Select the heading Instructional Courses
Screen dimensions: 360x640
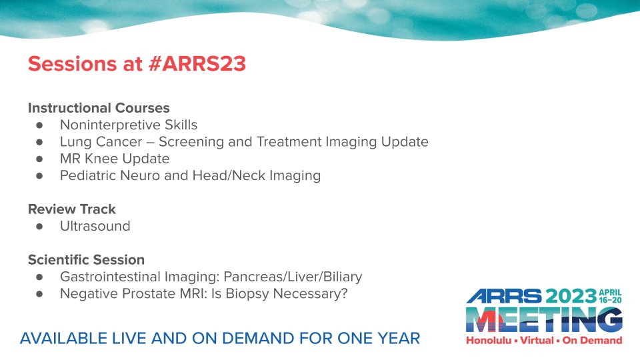(x=99, y=107)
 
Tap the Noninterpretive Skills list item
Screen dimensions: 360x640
(x=129, y=125)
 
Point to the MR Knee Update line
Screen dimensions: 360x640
(x=115, y=159)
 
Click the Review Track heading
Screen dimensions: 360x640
(x=71, y=209)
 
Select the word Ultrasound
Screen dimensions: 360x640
(x=95, y=226)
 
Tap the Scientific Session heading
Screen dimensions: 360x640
(x=86, y=260)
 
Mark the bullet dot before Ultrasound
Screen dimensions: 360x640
(x=40, y=227)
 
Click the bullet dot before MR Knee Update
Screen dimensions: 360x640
(x=40, y=159)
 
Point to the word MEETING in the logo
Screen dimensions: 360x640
(x=544, y=320)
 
